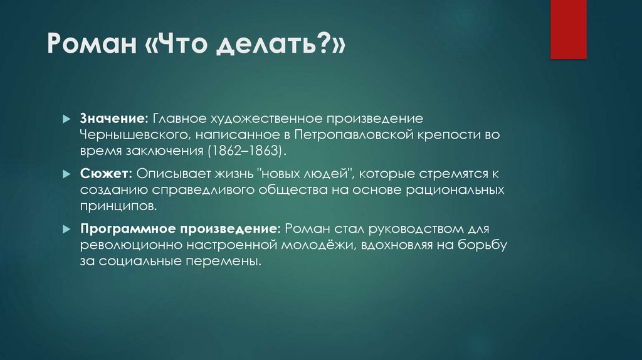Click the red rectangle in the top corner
tap(568, 29)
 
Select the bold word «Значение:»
tap(113, 118)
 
